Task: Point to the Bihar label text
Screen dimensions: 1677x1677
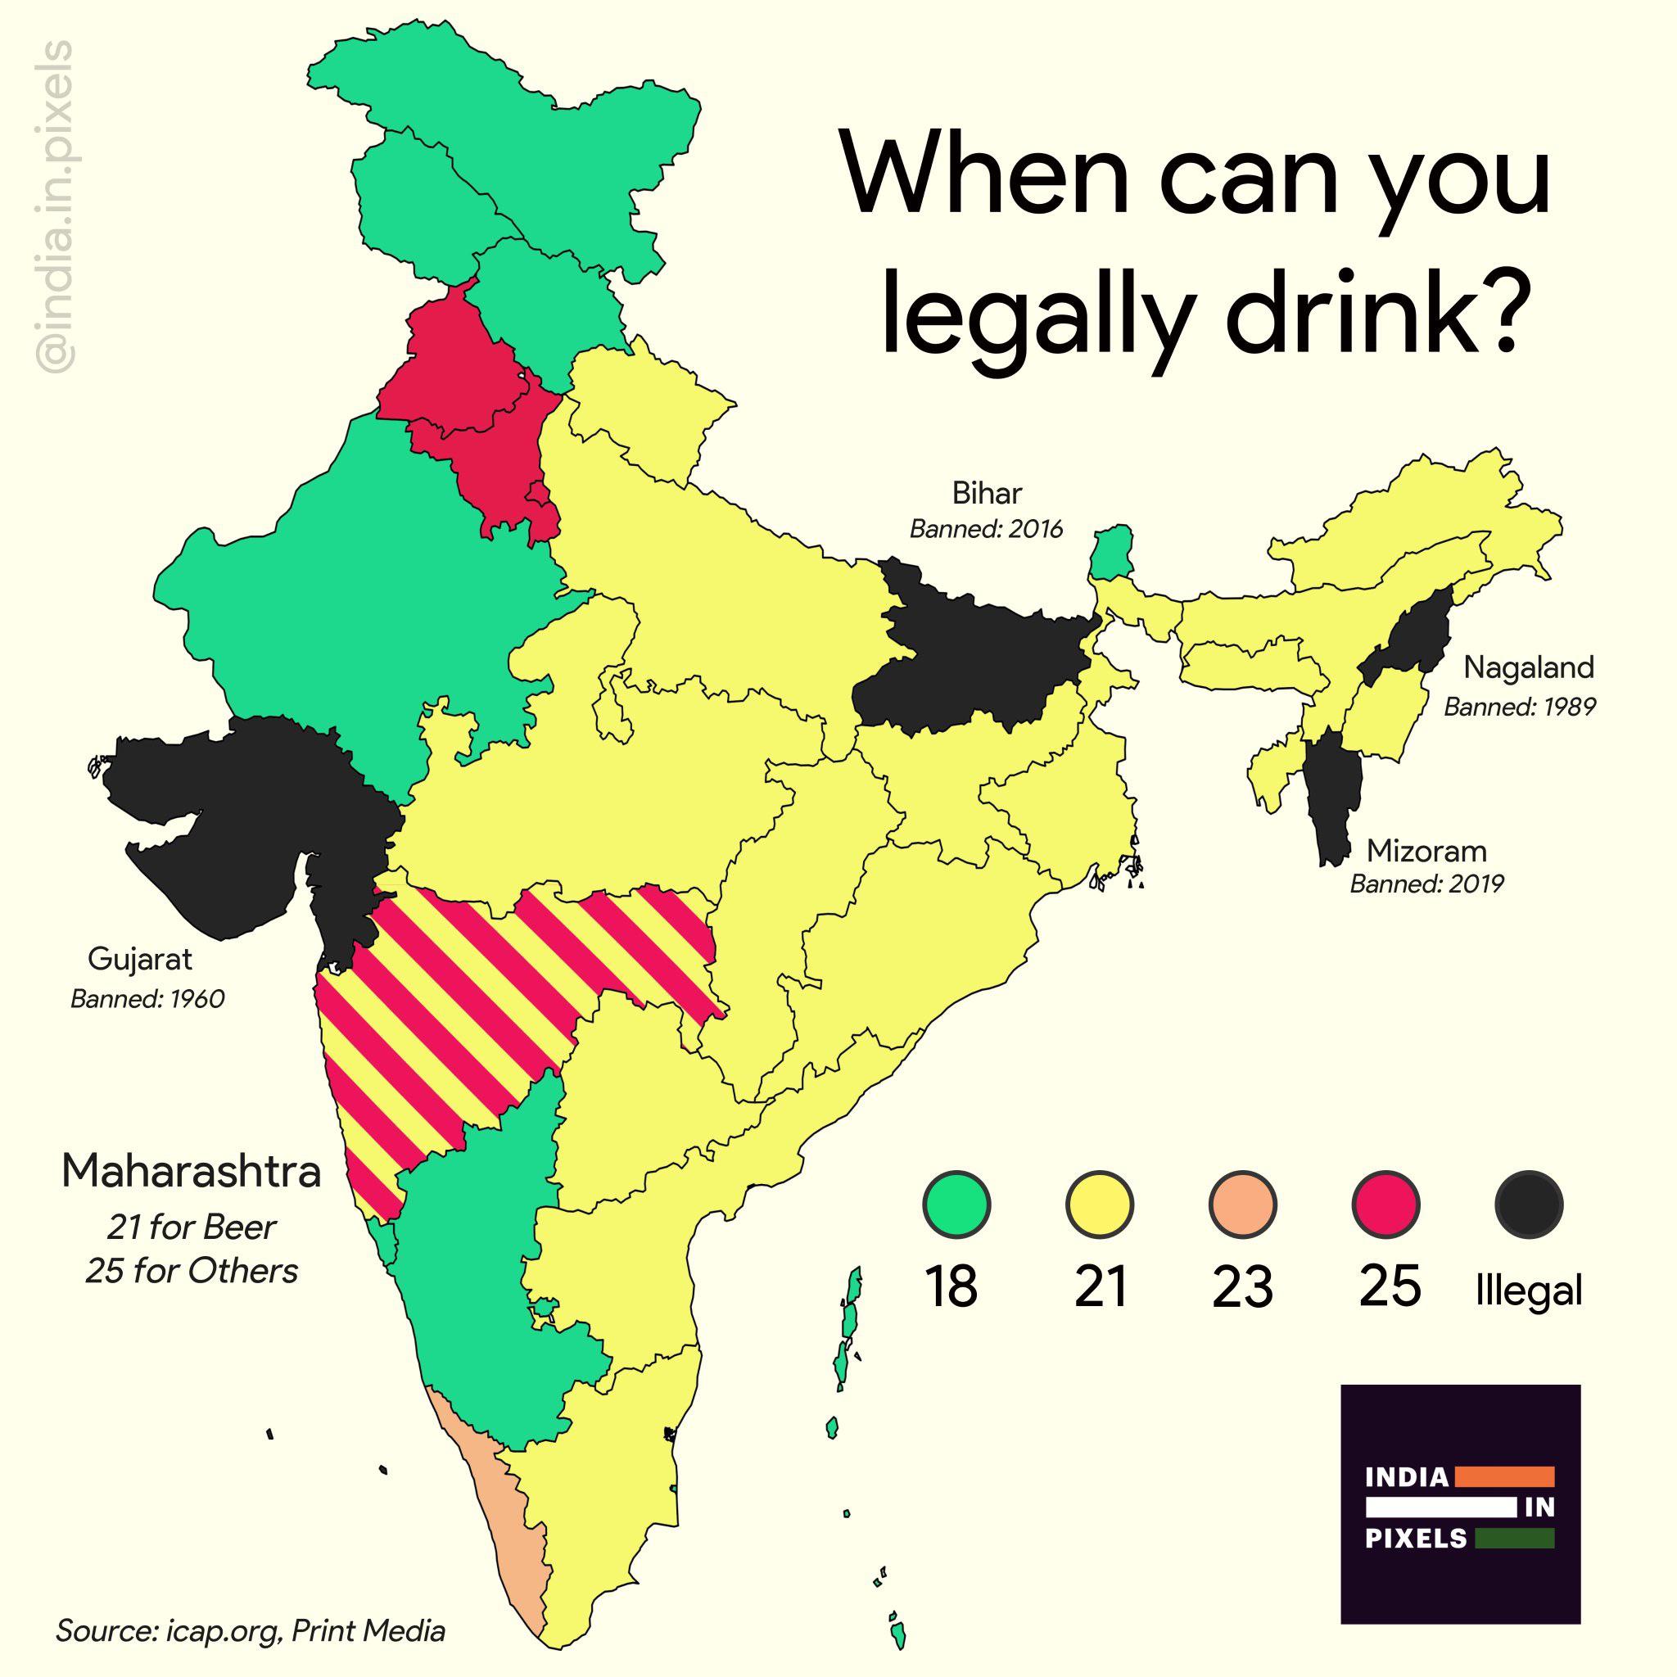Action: (x=987, y=494)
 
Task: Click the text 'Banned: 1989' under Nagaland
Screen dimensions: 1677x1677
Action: (x=1519, y=707)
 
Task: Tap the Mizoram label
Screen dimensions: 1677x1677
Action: (x=1426, y=850)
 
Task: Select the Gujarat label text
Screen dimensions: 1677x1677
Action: (x=140, y=959)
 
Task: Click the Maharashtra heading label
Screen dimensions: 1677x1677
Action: (x=191, y=1171)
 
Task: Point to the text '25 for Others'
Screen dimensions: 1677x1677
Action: (x=191, y=1271)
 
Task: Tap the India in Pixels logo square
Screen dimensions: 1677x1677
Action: (x=1460, y=1515)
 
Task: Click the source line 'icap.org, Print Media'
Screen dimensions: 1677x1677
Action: (x=251, y=1630)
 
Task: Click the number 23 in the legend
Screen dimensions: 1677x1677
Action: (x=1242, y=1288)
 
